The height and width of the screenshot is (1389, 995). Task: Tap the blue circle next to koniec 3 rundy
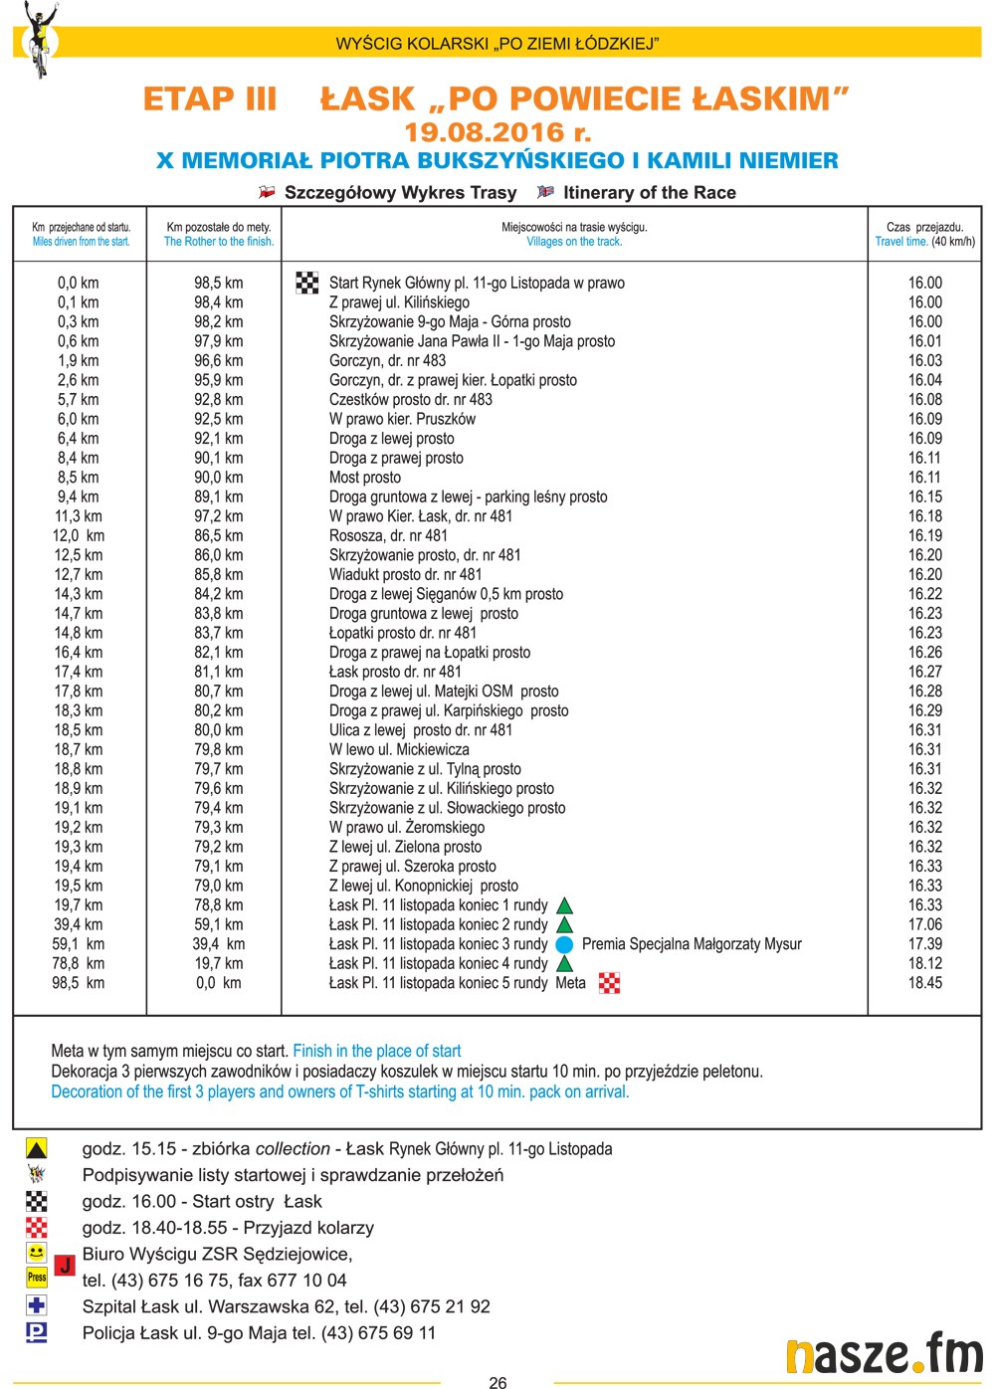pos(564,944)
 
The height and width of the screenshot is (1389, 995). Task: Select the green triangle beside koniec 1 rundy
pos(564,905)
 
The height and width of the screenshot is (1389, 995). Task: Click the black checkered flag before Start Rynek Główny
pos(307,283)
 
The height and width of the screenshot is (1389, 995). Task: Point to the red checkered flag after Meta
pos(609,983)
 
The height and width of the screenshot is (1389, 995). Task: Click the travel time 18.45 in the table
pos(924,983)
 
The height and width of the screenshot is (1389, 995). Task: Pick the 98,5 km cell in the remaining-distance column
pos(218,283)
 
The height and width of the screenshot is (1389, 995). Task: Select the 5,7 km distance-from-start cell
pos(79,399)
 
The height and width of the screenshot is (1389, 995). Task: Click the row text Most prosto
pos(365,477)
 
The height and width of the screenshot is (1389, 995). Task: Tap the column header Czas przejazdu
pos(924,227)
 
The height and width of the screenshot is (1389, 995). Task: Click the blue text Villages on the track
pos(574,242)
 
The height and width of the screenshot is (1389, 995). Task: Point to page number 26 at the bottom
pos(497,1381)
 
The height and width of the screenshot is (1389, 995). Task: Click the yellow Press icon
pos(37,1277)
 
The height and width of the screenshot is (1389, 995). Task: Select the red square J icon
pos(64,1266)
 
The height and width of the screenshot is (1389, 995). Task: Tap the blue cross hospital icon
pos(37,1304)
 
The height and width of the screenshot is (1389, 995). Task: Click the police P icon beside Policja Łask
pos(37,1331)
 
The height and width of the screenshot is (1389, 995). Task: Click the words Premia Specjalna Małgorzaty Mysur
pos(692,944)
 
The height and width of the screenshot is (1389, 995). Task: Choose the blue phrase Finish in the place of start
pos(377,1051)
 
